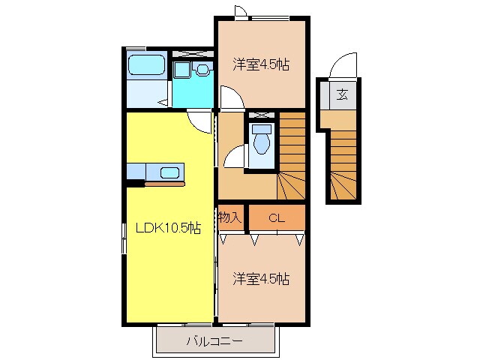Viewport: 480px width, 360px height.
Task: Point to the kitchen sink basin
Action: (x=170, y=172)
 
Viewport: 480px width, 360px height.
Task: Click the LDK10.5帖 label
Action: (x=167, y=228)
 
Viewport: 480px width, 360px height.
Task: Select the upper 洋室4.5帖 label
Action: (x=260, y=65)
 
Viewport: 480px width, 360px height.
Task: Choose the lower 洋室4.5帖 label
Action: (x=260, y=279)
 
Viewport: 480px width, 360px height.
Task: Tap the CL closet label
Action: (x=277, y=218)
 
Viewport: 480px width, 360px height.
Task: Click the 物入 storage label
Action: (x=229, y=217)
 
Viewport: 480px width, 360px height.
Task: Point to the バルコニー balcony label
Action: (x=214, y=341)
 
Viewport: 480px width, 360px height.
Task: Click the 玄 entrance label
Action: (x=341, y=94)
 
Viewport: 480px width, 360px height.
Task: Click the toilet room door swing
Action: (x=236, y=157)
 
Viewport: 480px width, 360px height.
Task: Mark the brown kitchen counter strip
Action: (x=164, y=183)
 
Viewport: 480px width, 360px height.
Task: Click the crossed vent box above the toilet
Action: (x=261, y=116)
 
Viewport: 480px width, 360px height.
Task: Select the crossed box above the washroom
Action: (x=193, y=54)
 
